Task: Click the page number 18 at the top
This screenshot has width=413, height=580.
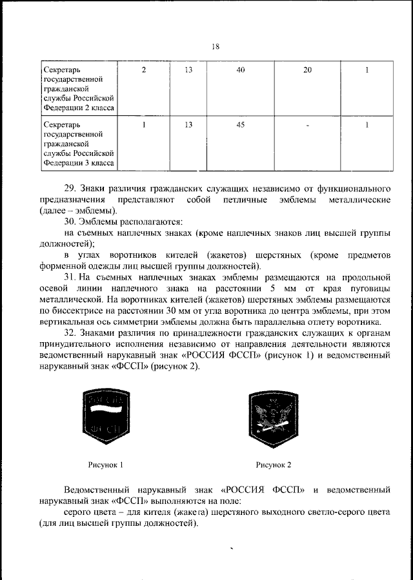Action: (x=216, y=46)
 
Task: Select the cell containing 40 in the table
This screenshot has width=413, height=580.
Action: (x=240, y=70)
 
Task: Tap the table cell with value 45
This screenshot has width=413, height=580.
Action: (x=240, y=125)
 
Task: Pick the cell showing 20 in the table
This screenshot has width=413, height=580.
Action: (x=307, y=70)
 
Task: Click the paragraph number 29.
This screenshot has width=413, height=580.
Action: (x=70, y=188)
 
